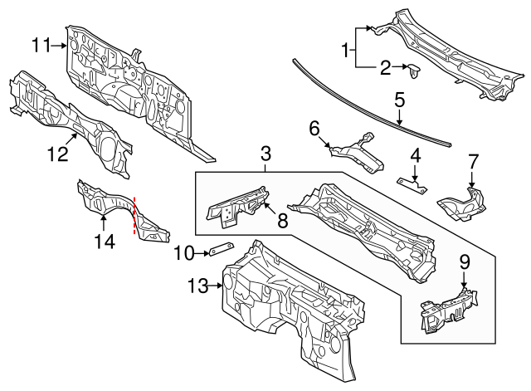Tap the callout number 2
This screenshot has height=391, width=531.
[385, 67]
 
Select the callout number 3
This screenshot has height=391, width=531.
[265, 153]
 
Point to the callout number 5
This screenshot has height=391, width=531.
[399, 100]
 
